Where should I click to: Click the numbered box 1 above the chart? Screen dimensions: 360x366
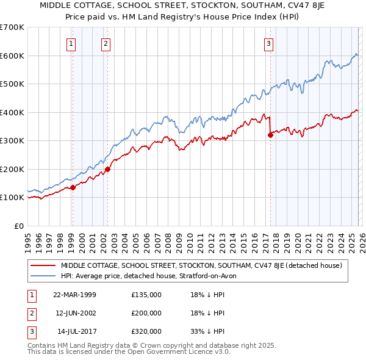(x=72, y=43)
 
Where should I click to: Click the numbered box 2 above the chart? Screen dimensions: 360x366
(x=106, y=43)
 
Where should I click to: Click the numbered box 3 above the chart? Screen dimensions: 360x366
(x=268, y=43)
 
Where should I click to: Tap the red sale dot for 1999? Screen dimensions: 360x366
(x=73, y=187)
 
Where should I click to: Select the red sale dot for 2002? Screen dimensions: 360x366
(x=107, y=169)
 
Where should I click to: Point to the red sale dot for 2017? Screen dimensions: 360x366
(x=270, y=135)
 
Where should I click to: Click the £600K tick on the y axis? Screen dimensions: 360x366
(x=12, y=56)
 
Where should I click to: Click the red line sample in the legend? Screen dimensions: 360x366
(x=43, y=265)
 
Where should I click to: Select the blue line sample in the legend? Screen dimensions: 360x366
(x=43, y=276)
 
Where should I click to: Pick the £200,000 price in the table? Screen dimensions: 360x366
(x=146, y=313)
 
